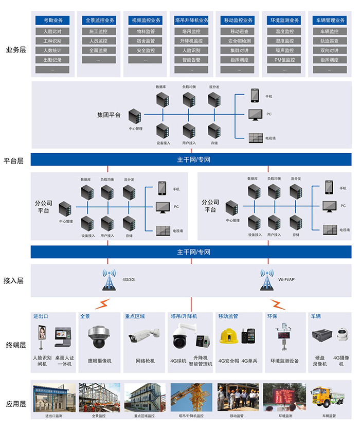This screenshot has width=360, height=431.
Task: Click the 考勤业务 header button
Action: pos(52,21)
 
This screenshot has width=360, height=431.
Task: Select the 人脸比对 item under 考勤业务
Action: pos(52,31)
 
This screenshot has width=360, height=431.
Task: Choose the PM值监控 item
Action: pos(284,60)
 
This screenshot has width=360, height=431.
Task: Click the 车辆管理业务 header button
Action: pos(330,21)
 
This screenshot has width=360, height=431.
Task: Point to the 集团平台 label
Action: pos(109,115)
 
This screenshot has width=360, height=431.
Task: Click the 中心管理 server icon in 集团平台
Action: pos(135,116)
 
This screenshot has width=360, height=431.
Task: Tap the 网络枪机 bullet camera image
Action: pos(144,337)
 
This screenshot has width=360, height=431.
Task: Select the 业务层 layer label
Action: pos(16,50)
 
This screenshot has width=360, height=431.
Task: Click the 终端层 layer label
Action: pos(16,345)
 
